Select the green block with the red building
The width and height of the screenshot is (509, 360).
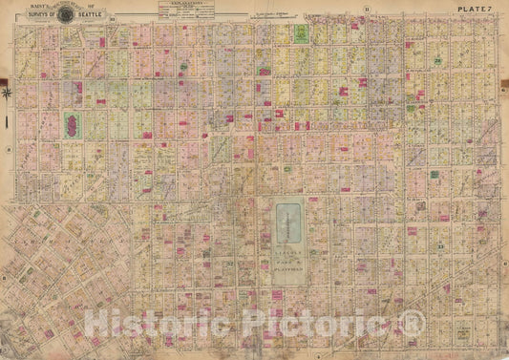pos(71,125)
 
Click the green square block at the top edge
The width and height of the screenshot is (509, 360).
pos(302,35)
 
